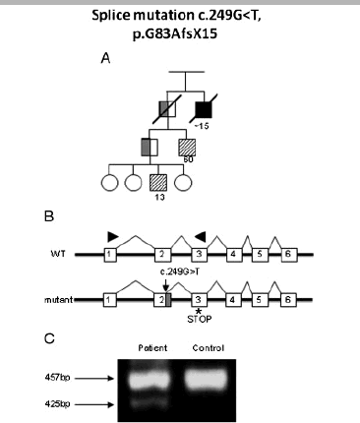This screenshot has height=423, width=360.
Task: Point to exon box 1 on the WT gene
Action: [110, 254]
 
